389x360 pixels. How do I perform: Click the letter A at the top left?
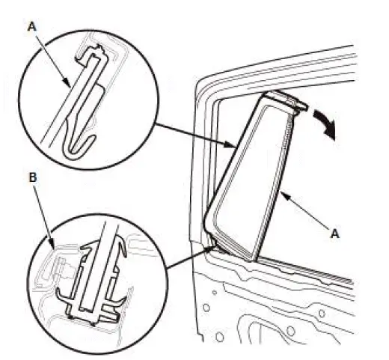(x=32, y=26)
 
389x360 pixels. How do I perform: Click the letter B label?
(x=33, y=177)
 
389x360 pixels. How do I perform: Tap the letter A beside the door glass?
(x=334, y=234)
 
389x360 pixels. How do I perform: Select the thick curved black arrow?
(x=325, y=124)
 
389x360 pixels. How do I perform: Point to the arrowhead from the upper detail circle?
(x=230, y=144)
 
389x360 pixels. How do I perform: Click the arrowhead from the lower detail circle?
(x=211, y=248)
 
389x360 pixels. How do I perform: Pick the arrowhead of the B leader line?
(x=52, y=244)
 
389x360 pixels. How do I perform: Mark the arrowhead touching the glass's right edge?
(x=285, y=195)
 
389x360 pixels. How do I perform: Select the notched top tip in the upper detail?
(x=99, y=47)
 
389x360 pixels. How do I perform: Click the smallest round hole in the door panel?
(x=215, y=292)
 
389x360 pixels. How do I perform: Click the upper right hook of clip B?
(x=122, y=249)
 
